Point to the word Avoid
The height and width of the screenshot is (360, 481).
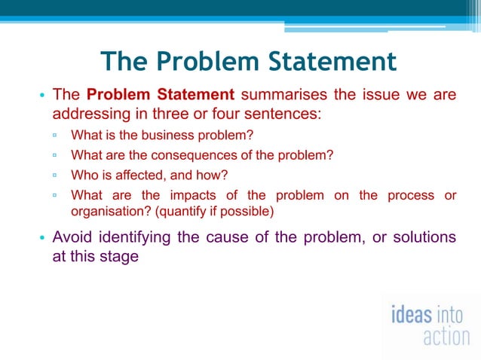click(x=74, y=238)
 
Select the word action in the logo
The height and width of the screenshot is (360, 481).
click(x=446, y=336)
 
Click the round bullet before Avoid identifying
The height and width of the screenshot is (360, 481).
click(x=42, y=239)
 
